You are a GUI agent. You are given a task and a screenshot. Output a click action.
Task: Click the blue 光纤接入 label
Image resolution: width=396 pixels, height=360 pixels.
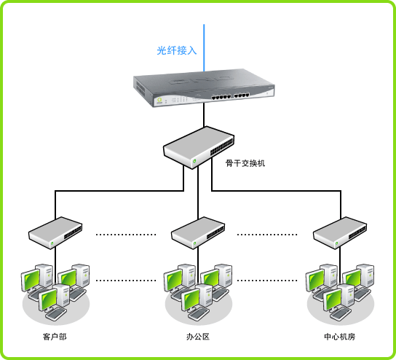point(177,50)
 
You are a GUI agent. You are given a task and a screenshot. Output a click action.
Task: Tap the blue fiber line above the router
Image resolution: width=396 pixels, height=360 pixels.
point(204,48)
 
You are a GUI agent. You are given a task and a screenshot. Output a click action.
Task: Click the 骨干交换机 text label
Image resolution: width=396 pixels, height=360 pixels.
point(245,163)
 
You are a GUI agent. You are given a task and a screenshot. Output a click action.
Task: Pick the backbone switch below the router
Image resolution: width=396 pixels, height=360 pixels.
point(199,147)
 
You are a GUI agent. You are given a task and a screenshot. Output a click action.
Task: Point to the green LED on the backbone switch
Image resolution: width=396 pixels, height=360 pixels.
point(194,161)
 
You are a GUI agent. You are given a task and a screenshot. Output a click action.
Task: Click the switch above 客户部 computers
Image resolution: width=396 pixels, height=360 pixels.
point(55,233)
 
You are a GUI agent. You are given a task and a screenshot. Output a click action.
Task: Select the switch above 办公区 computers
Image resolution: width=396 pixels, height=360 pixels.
point(198,233)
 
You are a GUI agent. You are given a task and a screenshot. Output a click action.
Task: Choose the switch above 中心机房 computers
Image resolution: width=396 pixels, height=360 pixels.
point(340,233)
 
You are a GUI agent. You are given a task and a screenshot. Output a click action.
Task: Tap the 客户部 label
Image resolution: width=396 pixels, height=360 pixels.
point(55,337)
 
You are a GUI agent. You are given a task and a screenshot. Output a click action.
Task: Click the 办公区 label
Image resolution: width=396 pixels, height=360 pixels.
point(198,337)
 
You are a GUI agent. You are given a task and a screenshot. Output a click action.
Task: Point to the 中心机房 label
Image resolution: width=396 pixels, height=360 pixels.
point(340,337)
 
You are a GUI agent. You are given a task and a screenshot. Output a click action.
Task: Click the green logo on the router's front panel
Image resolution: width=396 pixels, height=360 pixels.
point(159,101)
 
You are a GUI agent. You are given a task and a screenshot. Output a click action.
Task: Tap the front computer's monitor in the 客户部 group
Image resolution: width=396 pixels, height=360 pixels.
point(48,300)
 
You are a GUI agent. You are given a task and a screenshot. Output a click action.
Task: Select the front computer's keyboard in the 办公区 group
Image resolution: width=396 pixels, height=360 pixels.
point(199,314)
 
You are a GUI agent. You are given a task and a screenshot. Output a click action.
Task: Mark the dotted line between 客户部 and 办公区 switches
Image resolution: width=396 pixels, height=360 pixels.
point(126,235)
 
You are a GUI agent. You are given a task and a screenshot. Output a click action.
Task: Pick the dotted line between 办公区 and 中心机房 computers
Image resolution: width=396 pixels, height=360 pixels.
point(267,281)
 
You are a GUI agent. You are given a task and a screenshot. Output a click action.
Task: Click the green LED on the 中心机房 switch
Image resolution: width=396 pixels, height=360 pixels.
point(336,243)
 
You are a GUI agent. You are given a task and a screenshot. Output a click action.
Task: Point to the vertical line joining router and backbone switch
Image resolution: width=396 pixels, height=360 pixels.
point(204,116)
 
